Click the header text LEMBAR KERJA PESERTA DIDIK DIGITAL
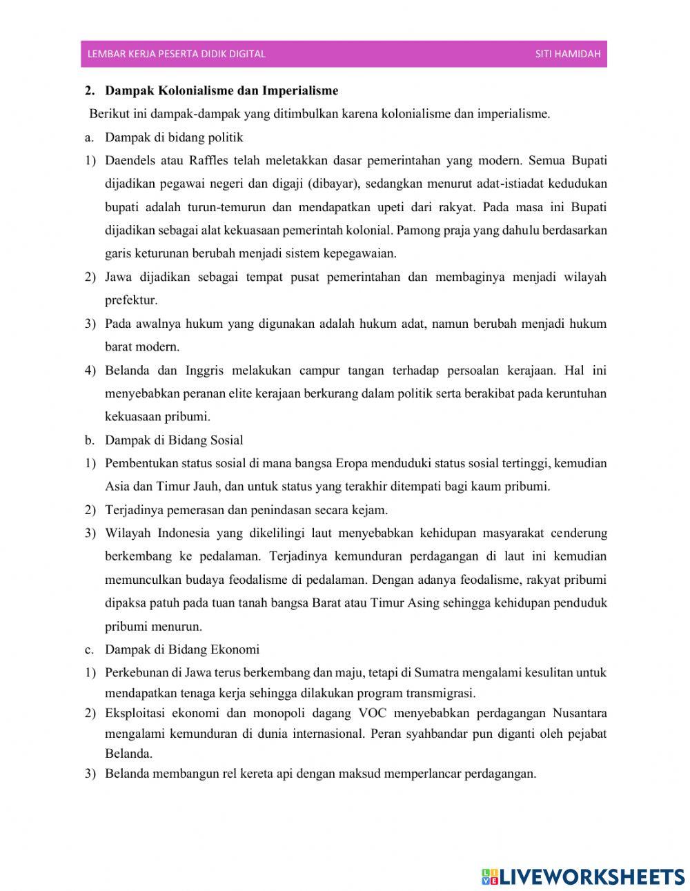point(176,54)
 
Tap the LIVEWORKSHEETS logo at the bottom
point(583,876)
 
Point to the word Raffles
point(208,161)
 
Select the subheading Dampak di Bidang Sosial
point(174,440)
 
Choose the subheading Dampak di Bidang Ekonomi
point(182,649)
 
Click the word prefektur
point(131,300)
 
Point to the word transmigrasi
point(441,692)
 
